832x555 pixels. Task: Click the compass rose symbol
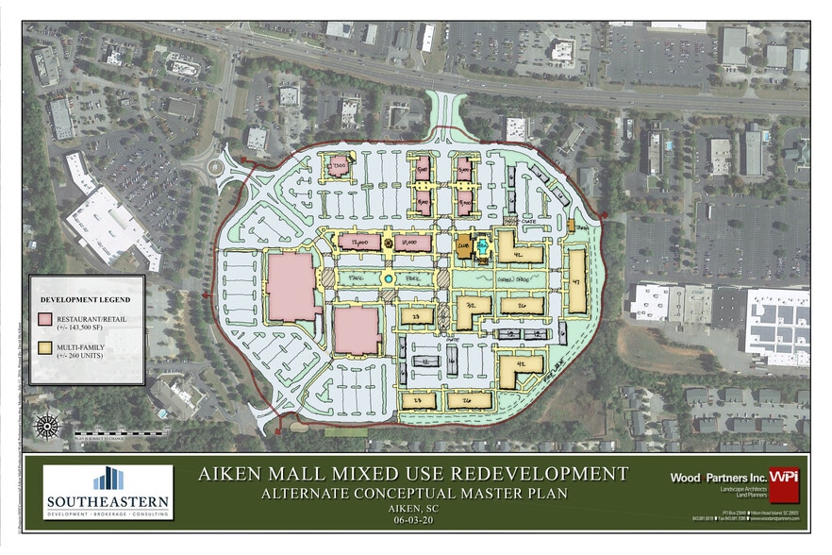click(46, 426)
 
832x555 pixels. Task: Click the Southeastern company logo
click(107, 493)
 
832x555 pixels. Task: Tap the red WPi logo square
click(783, 479)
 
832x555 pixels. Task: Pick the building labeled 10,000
click(411, 243)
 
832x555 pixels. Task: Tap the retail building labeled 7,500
click(338, 167)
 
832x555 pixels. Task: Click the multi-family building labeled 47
click(576, 280)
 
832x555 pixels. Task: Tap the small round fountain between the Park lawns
click(388, 279)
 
